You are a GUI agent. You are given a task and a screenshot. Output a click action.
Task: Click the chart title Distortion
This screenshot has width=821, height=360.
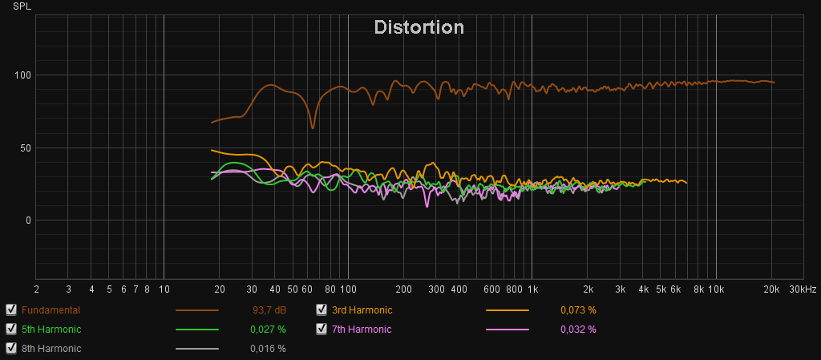(x=419, y=28)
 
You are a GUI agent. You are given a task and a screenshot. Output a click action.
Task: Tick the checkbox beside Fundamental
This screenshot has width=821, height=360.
(x=11, y=309)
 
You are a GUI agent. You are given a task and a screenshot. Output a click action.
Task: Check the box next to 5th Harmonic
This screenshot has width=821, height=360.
(x=11, y=329)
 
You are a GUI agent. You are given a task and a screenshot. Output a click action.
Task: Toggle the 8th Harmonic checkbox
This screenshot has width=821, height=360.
(x=11, y=348)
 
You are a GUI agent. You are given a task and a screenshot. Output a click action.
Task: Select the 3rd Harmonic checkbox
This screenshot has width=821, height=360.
(x=322, y=309)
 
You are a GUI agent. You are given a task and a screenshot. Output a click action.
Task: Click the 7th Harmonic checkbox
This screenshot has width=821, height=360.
(x=322, y=329)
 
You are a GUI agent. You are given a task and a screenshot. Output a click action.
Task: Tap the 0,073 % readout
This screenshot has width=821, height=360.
(x=578, y=309)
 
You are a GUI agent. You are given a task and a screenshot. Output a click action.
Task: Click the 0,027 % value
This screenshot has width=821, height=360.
(x=268, y=329)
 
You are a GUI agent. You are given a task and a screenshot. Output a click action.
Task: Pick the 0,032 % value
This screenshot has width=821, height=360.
(x=578, y=329)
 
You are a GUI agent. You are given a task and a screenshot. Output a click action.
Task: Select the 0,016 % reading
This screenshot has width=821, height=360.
(x=268, y=348)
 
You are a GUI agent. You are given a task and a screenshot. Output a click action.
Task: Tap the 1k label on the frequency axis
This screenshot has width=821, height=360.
(x=532, y=289)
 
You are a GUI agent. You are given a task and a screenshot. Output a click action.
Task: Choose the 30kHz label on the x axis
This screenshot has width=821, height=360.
(x=803, y=289)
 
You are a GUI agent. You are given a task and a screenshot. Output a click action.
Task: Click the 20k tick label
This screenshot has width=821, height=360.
(x=771, y=289)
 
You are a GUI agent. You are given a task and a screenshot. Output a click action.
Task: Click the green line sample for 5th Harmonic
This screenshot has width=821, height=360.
(x=197, y=330)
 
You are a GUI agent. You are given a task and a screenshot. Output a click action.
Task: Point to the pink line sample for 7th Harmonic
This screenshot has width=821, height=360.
(x=508, y=330)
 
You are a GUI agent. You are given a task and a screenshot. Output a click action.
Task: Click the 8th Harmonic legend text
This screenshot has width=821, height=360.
(x=51, y=349)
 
